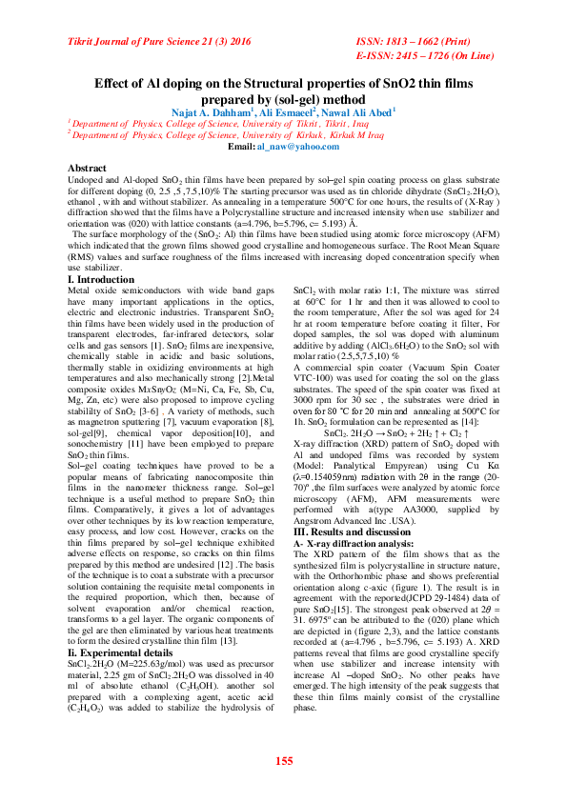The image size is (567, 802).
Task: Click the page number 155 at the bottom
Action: point(283,760)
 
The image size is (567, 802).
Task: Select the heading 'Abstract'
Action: point(88,168)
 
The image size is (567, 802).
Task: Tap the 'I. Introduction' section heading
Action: point(102,279)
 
